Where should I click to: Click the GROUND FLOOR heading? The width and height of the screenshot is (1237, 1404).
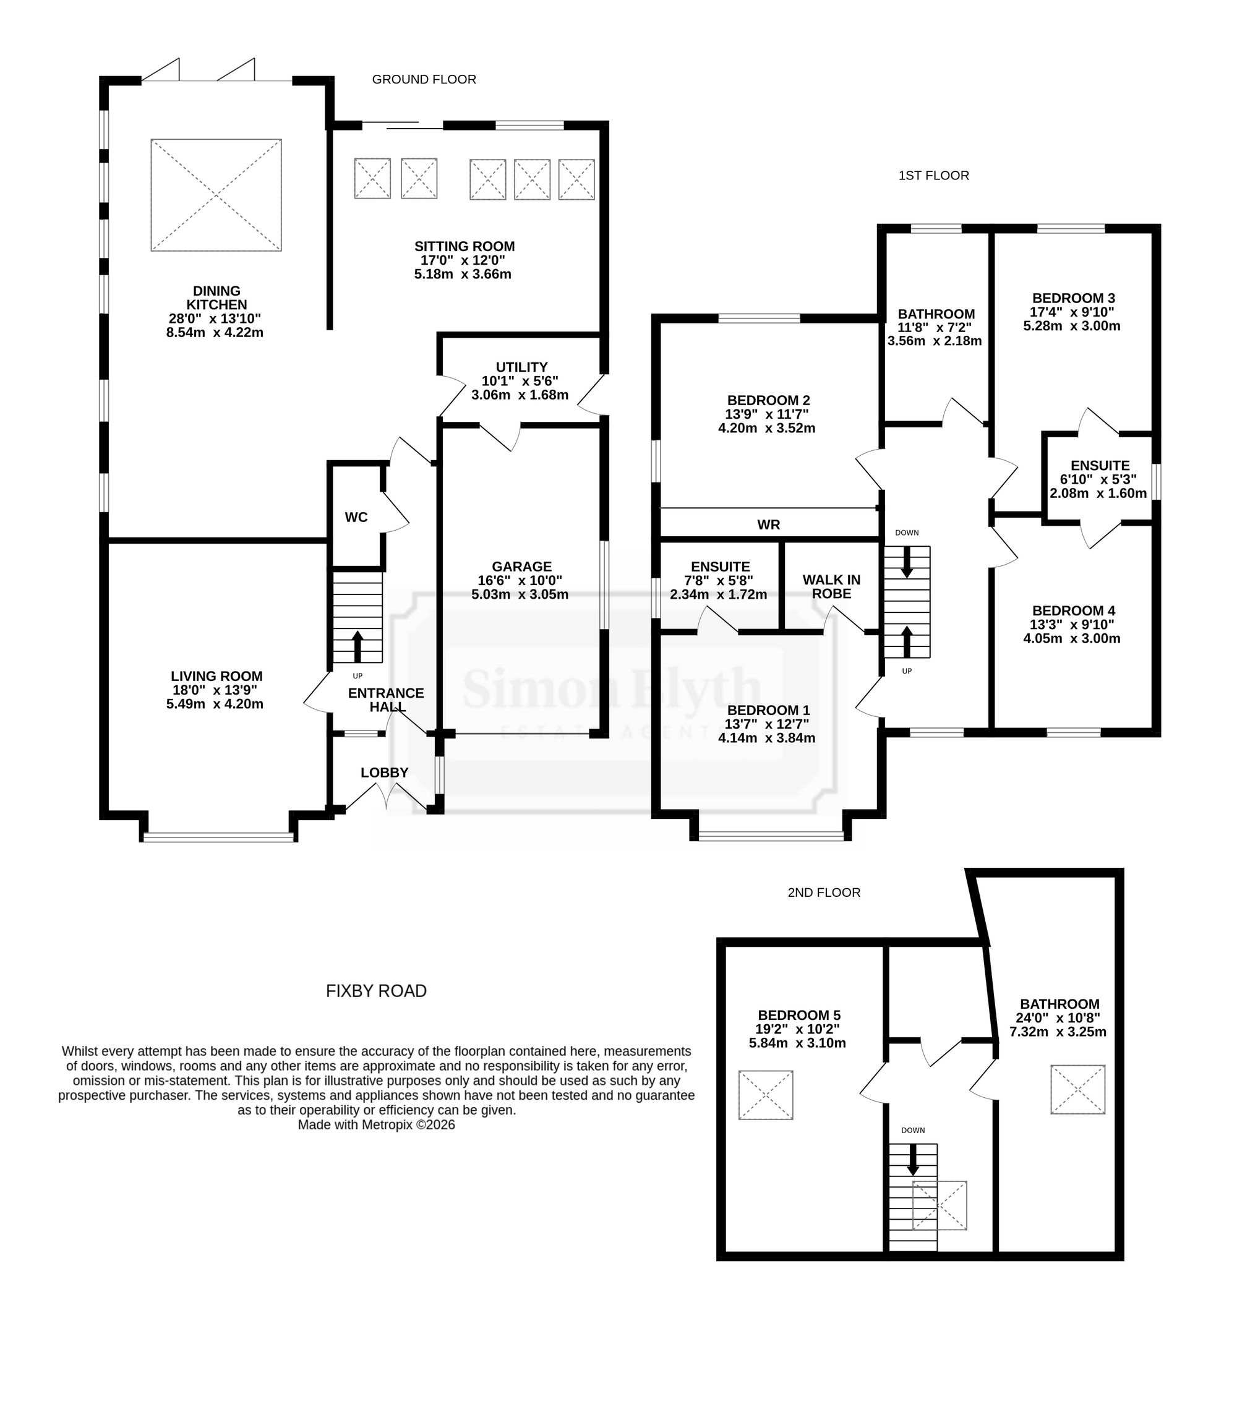tap(424, 80)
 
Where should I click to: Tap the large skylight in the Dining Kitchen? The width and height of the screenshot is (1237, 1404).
tap(216, 195)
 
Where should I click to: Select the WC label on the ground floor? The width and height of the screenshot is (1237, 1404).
tap(356, 517)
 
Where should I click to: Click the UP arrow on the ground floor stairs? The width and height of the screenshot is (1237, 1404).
tap(357, 646)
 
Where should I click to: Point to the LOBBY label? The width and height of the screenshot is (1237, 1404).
tap(385, 773)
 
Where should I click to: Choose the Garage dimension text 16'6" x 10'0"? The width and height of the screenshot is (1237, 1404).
tap(520, 580)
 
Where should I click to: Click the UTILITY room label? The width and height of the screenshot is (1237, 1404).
tap(521, 367)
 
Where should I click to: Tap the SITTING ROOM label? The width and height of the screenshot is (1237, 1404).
tap(464, 247)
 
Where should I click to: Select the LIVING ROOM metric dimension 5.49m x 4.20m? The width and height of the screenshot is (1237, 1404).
tap(215, 704)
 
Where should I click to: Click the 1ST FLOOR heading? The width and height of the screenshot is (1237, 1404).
tap(933, 176)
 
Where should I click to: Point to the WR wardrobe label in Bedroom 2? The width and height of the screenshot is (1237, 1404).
tap(769, 524)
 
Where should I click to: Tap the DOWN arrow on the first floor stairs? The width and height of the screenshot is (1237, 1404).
tap(907, 562)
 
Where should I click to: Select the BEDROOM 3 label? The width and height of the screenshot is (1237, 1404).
tap(1074, 299)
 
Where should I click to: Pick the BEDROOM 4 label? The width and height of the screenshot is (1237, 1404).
tap(1074, 611)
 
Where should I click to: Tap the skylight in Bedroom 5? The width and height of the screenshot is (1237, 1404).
tap(766, 1095)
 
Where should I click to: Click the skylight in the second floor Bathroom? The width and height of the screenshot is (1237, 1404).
tap(1077, 1089)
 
